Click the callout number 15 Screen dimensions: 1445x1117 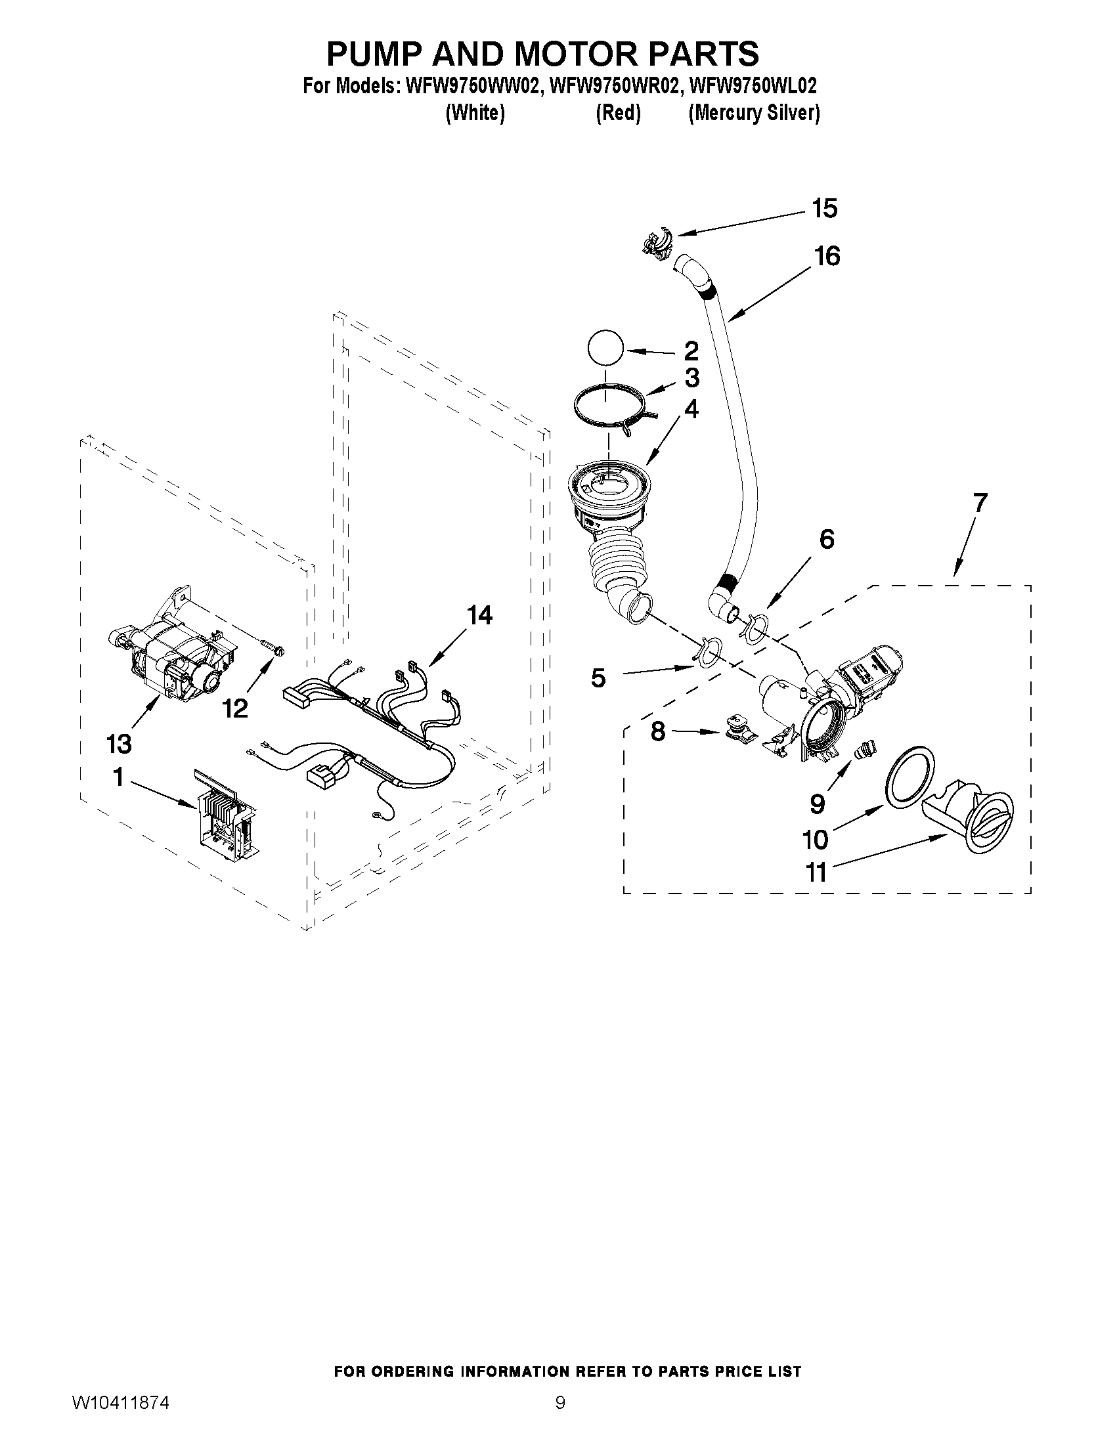point(825,209)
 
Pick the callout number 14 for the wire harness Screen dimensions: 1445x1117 point(480,615)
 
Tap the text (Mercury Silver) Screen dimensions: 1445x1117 point(754,114)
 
